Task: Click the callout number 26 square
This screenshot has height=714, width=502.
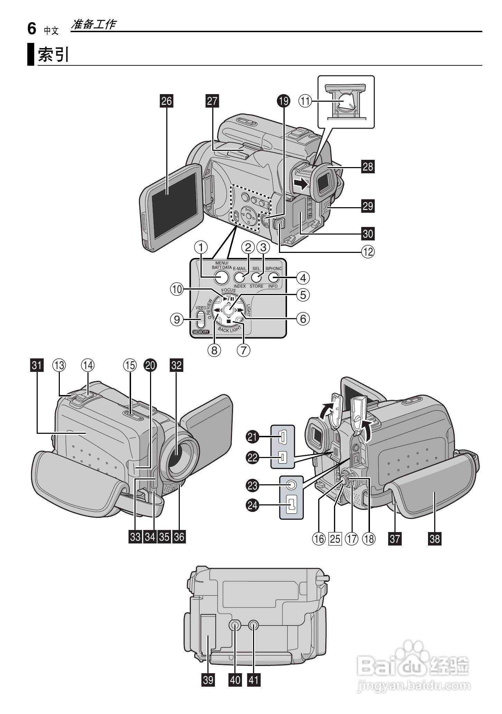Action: click(167, 101)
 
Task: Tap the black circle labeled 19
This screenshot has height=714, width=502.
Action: click(284, 101)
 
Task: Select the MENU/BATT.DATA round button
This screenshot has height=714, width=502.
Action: click(221, 277)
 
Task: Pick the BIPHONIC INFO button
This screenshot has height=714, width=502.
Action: click(273, 277)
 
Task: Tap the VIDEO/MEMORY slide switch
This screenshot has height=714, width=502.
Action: click(201, 319)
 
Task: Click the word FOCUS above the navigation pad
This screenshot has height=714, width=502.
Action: click(228, 290)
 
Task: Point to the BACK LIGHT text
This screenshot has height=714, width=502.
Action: click(229, 329)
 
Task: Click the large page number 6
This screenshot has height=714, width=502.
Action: click(31, 29)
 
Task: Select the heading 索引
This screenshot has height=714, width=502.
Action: click(53, 54)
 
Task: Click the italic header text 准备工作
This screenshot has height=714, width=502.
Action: click(93, 24)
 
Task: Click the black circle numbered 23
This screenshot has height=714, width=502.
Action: click(253, 486)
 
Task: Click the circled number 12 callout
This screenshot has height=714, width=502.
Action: click(368, 251)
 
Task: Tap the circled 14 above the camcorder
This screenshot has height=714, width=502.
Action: click(88, 365)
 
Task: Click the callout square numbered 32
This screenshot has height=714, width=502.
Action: click(176, 365)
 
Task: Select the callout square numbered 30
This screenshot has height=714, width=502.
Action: click(368, 234)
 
